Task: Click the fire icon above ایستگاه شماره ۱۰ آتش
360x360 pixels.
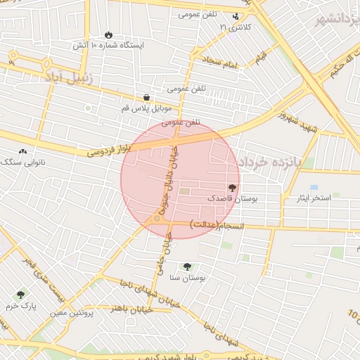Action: click(x=108, y=34)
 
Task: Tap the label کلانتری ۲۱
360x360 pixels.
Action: click(x=235, y=27)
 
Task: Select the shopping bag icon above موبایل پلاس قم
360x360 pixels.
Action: click(x=146, y=98)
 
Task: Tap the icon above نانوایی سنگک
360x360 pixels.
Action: click(x=22, y=151)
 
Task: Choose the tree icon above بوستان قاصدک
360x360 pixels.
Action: click(x=232, y=188)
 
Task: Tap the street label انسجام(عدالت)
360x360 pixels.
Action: click(x=215, y=224)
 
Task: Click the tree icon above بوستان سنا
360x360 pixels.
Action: click(x=187, y=266)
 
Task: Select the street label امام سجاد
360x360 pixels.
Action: click(x=224, y=63)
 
